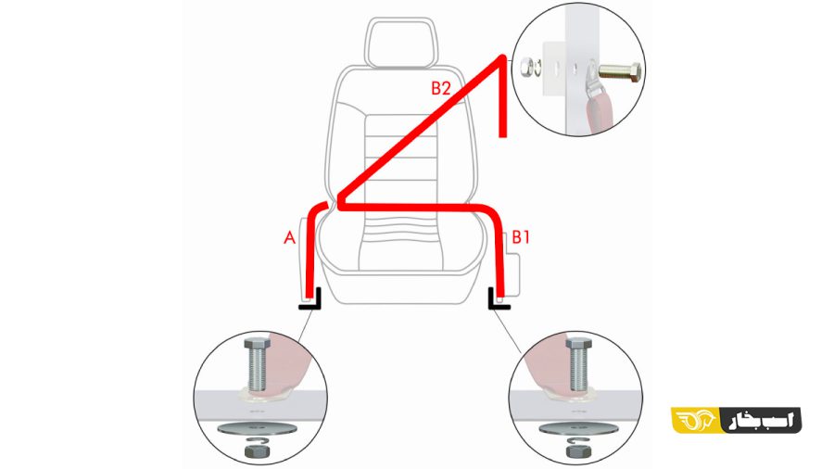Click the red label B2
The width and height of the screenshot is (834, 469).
pos(440,88)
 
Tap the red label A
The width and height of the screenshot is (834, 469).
pos(289,237)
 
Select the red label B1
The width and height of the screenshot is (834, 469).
pos(521,237)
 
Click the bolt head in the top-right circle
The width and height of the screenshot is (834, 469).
pos(635,71)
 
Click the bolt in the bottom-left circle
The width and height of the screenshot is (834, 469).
pos(257,364)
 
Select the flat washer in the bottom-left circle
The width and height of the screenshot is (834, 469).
pos(257,428)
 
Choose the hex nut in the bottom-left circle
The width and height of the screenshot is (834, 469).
pos(257,452)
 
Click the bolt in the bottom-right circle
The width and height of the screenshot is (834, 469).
pos(578,364)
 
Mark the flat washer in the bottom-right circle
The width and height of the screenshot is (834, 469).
pos(577,428)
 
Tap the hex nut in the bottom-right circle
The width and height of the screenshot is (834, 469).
pos(577,452)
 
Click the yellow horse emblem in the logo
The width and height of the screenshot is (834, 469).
pos(695,420)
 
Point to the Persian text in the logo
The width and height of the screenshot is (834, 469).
pos(761,420)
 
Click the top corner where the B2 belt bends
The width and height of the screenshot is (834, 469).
pos(502,57)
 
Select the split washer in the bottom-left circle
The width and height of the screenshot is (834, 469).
pos(257,439)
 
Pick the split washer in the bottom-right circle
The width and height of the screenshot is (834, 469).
pos(577,439)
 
